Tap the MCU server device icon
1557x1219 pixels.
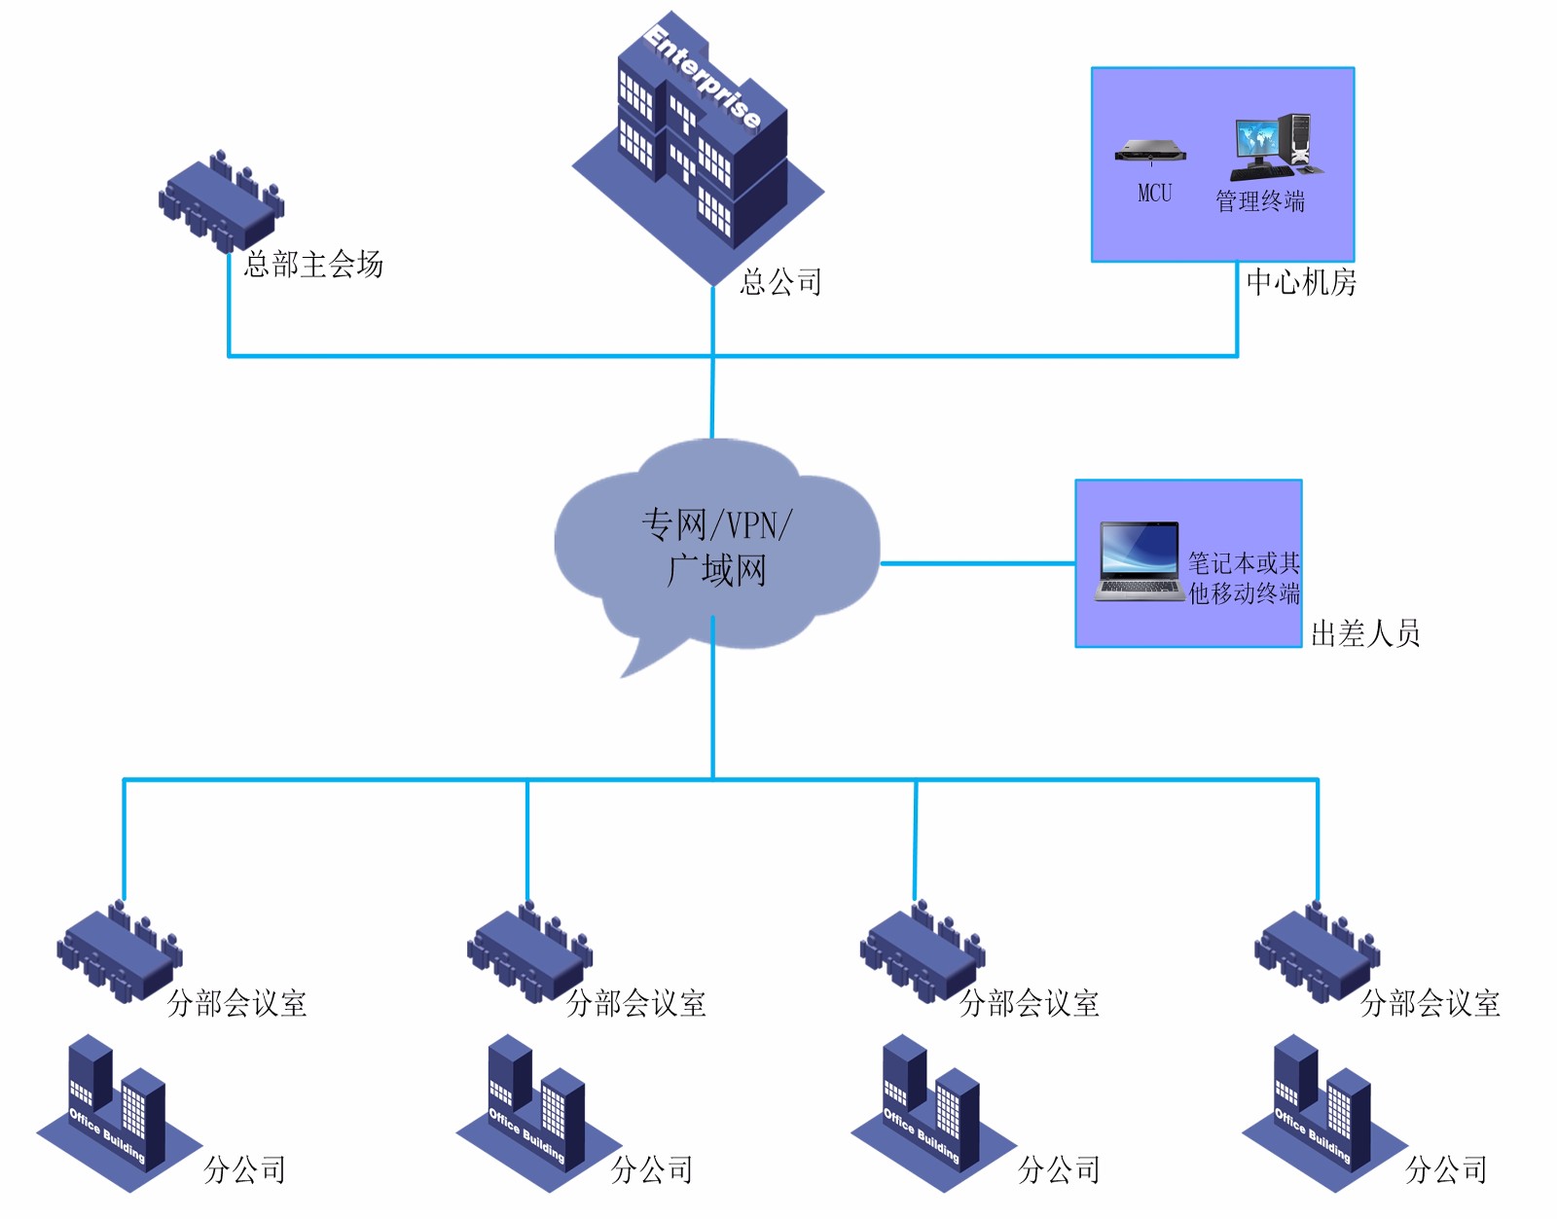[1151, 151]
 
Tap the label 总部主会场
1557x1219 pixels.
[313, 264]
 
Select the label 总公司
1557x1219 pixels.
[780, 282]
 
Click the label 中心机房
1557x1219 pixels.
[1301, 282]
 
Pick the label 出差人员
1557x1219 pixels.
[1365, 633]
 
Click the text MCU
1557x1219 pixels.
[1155, 193]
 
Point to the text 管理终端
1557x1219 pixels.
[1260, 201]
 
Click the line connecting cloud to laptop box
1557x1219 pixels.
[977, 563]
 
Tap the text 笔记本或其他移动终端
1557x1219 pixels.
[1244, 578]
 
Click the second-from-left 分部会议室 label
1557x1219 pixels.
[636, 1003]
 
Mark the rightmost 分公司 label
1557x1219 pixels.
[1446, 1169]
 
